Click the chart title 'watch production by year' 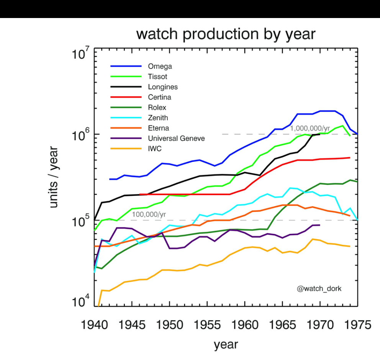click(226, 34)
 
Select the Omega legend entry click(160, 66)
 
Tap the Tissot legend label click(157, 77)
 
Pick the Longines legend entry click(163, 87)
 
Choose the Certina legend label click(159, 97)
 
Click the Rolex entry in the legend click(157, 108)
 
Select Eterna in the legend click(159, 128)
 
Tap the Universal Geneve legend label click(176, 138)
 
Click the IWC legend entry click(155, 149)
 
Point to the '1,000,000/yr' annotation click(310, 128)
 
